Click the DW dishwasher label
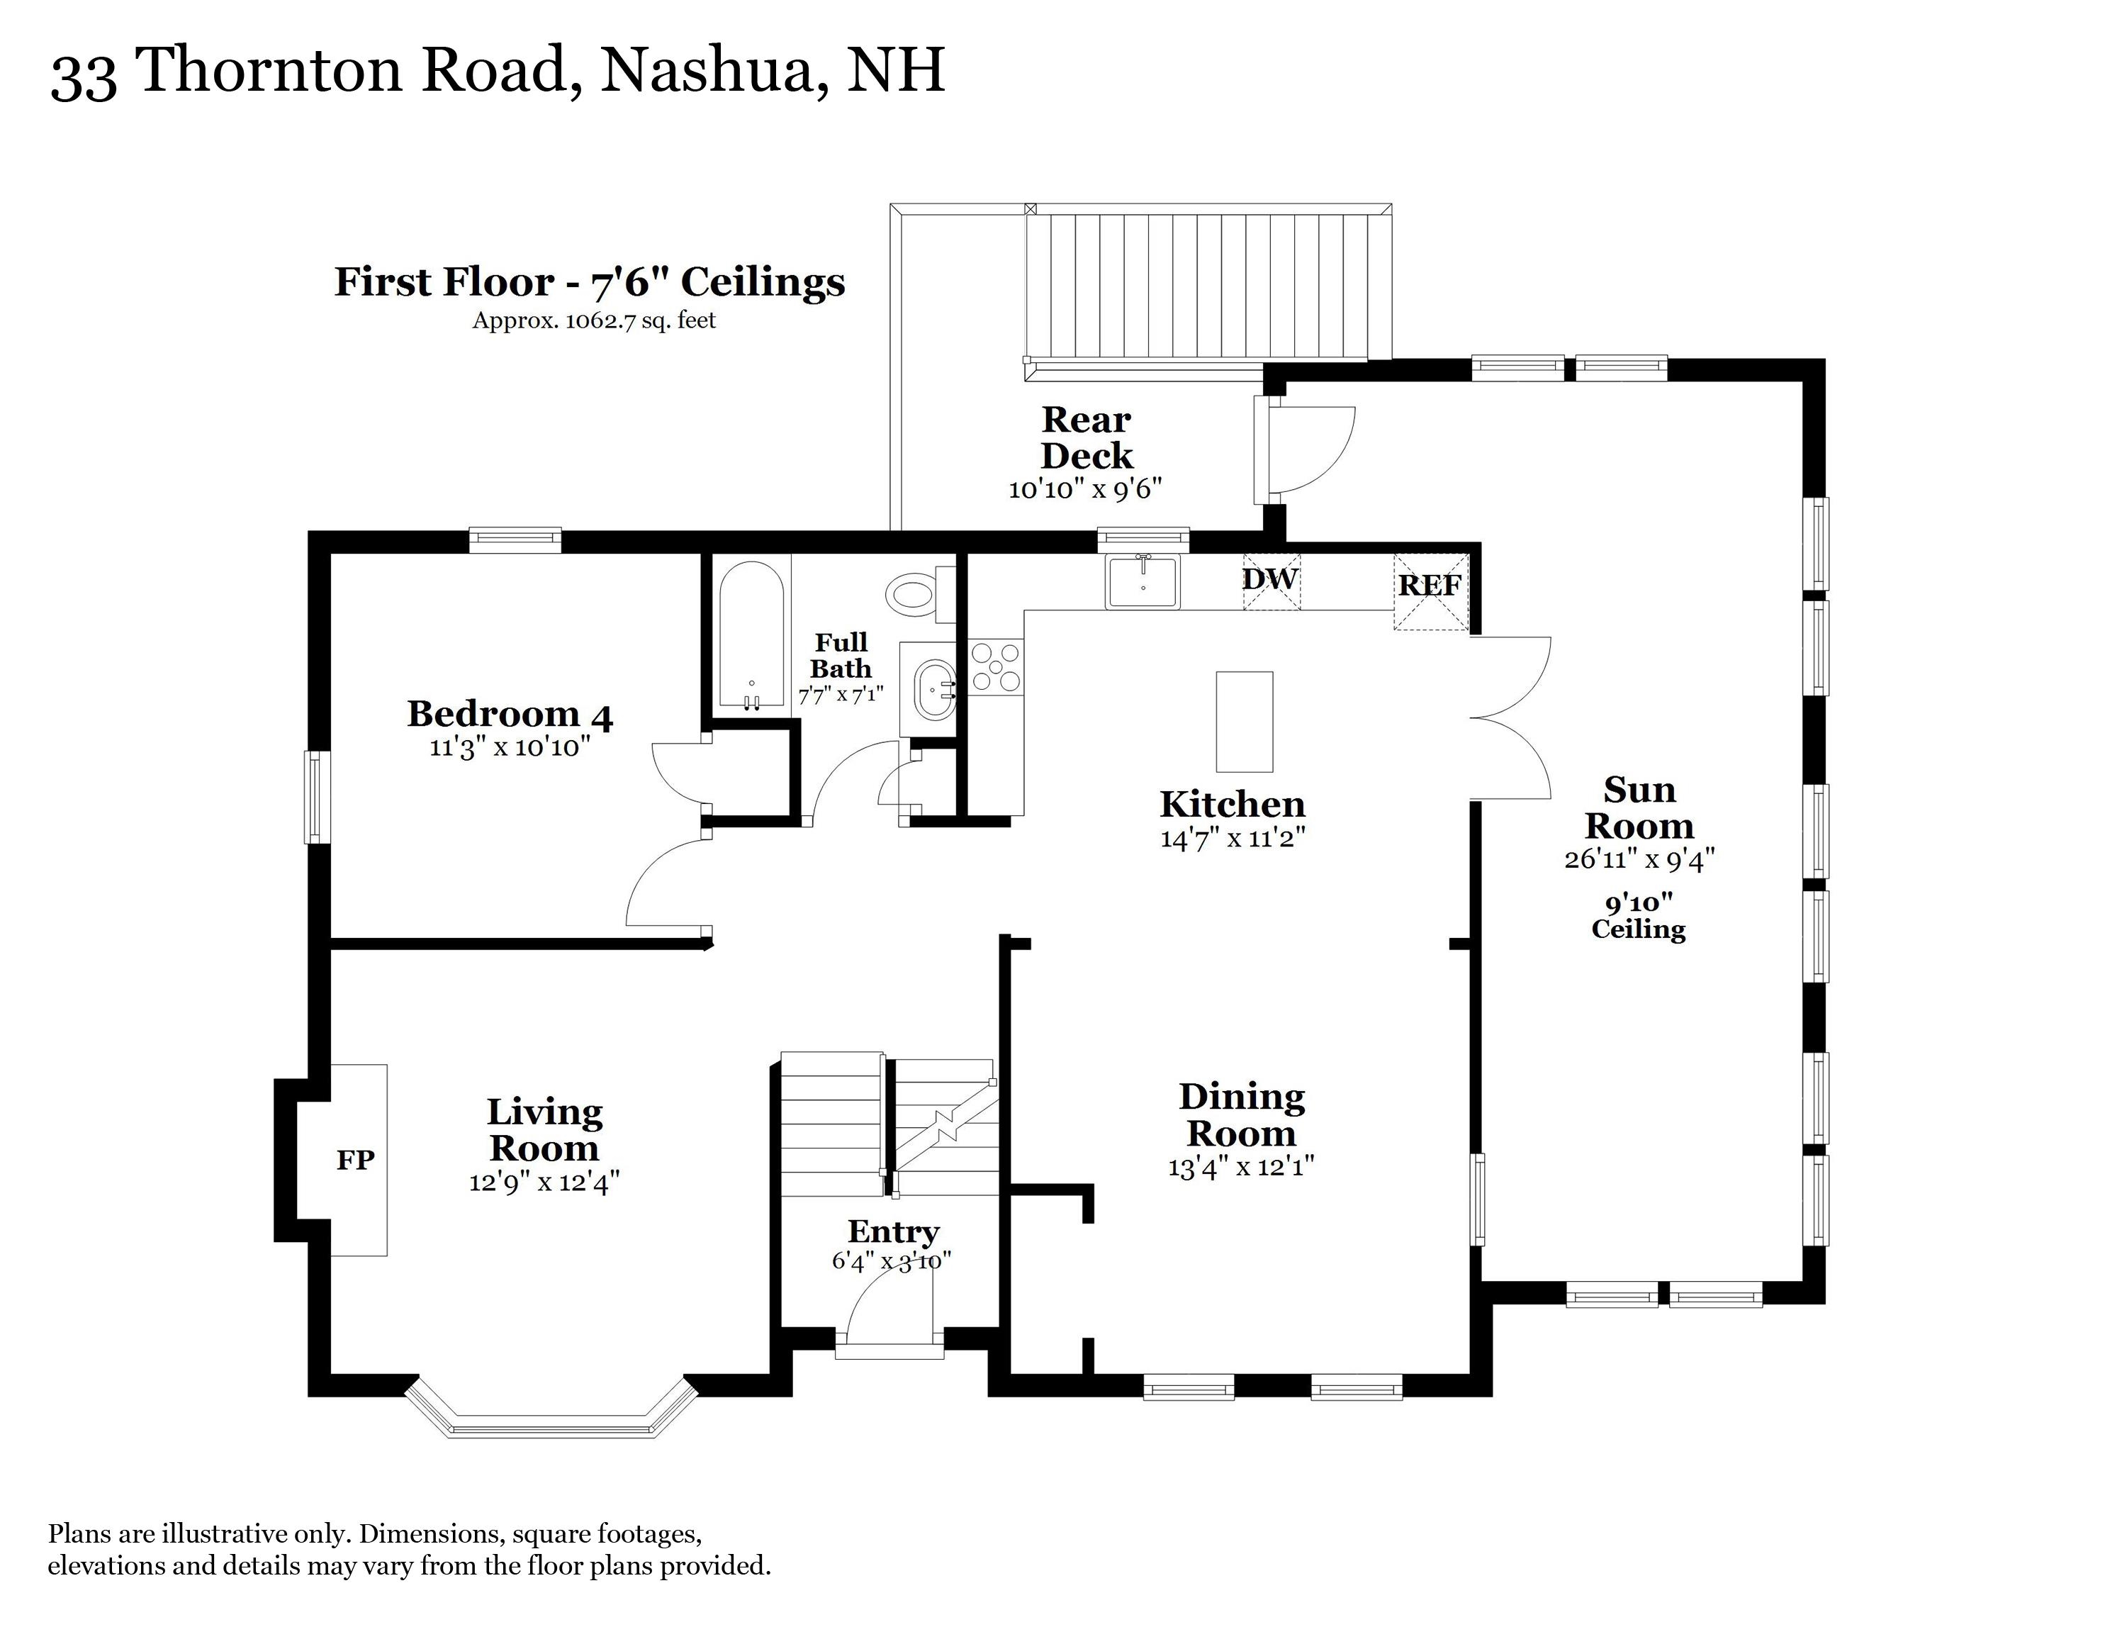1270,580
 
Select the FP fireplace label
354,1160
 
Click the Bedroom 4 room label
510,714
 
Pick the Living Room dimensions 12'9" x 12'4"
544,1182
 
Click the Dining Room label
1242,1115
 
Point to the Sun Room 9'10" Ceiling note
1639,916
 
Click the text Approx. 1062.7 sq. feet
594,321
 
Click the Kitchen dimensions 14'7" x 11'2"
1232,837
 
